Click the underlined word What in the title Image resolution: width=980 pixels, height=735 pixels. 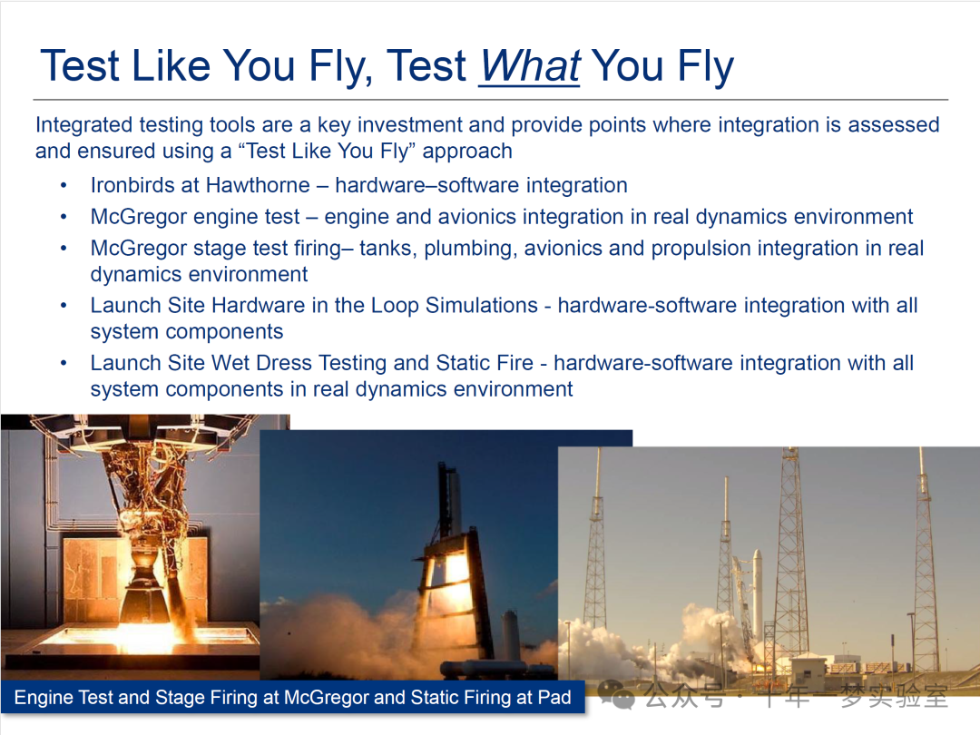(530, 65)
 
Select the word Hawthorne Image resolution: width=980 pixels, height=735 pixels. (258, 185)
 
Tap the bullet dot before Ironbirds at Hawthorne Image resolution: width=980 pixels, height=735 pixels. (64, 186)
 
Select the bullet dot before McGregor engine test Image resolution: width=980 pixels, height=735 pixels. (64, 217)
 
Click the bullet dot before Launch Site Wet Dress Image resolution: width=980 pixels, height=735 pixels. (64, 363)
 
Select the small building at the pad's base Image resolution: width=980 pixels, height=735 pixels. (809, 669)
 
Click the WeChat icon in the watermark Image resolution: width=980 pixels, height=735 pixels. (616, 696)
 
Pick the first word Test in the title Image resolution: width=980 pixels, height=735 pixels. (80, 65)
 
